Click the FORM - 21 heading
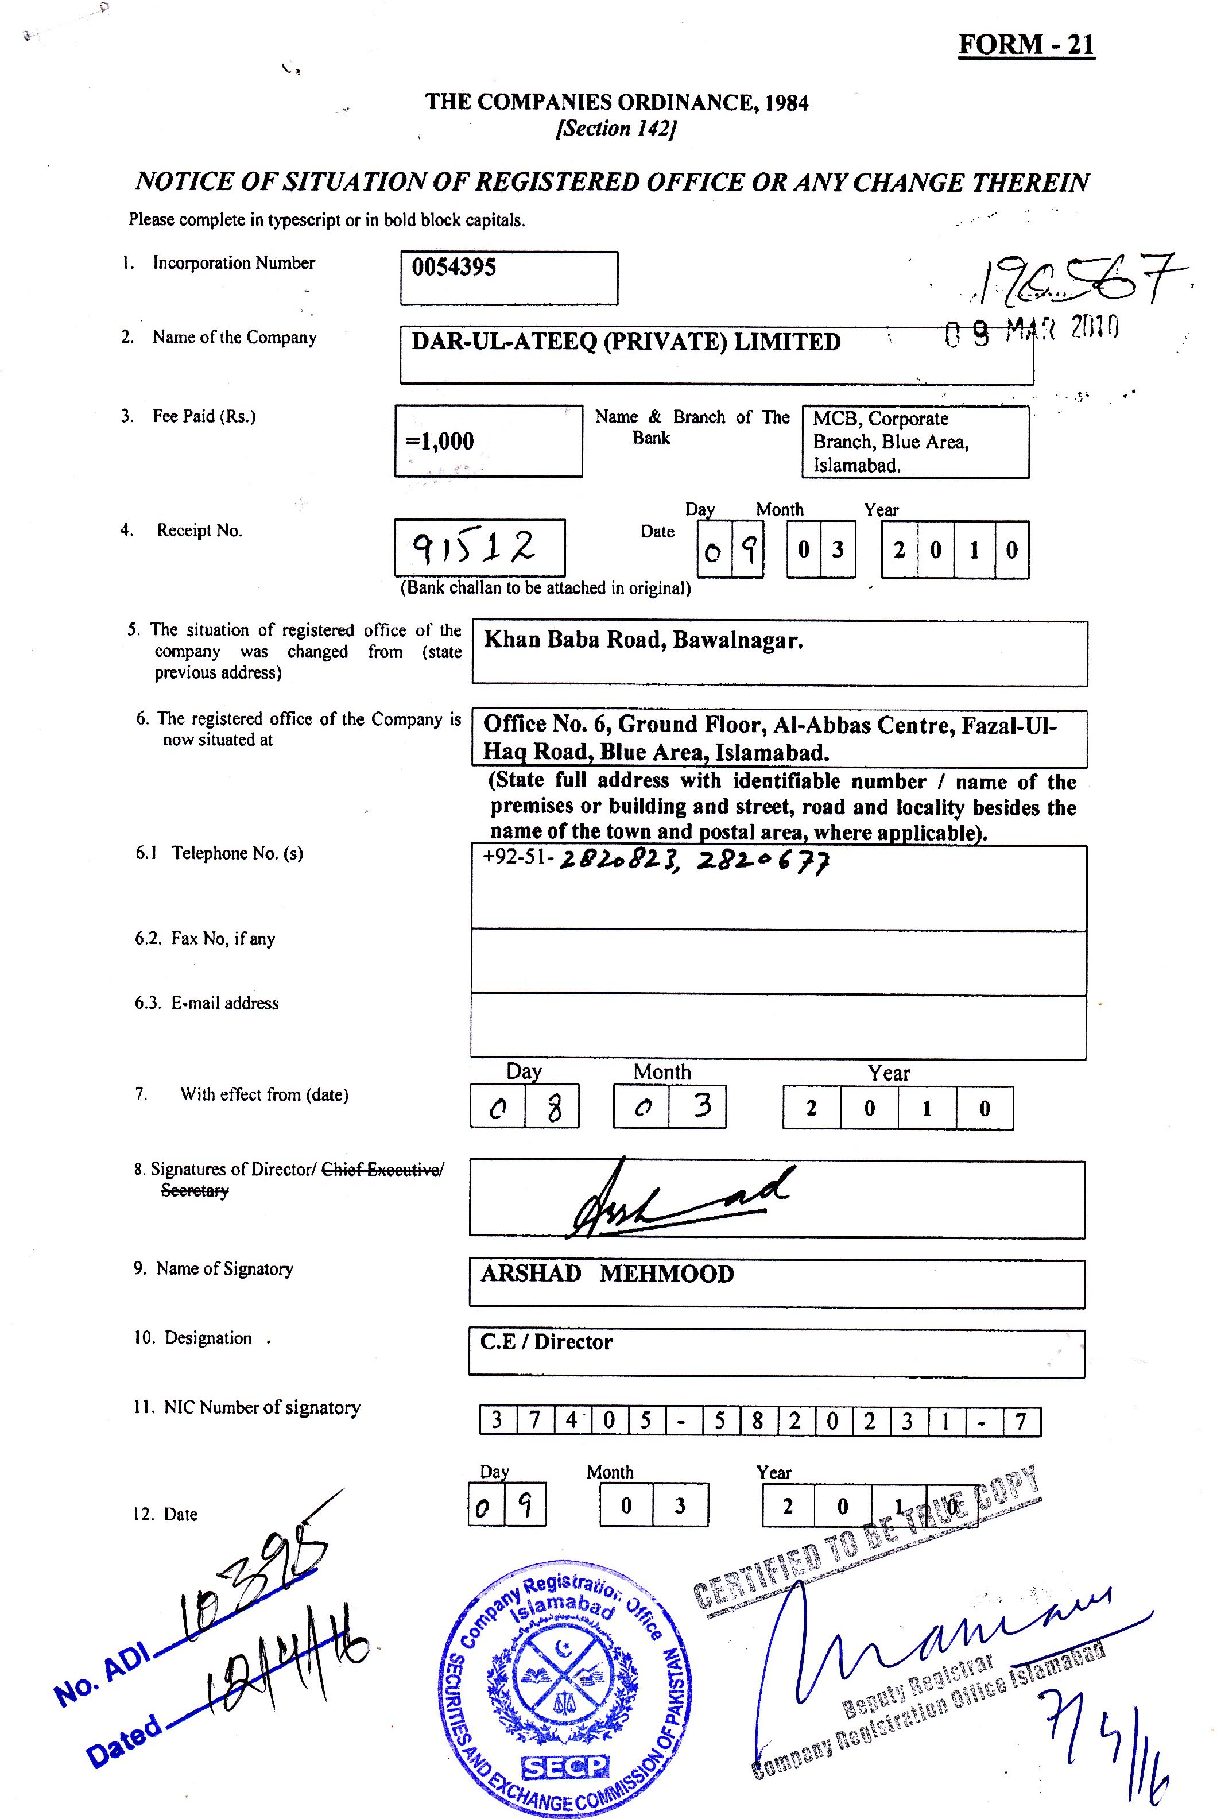[x=1026, y=44]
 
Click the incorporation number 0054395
[x=454, y=268]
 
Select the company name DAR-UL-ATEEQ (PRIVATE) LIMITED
[x=626, y=342]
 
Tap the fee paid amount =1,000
[x=440, y=442]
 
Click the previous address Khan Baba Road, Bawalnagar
[x=642, y=640]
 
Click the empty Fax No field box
[x=778, y=963]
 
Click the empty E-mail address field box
[x=778, y=1027]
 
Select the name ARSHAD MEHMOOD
[x=607, y=1274]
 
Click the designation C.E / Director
[x=547, y=1342]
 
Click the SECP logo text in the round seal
[x=565, y=1766]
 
